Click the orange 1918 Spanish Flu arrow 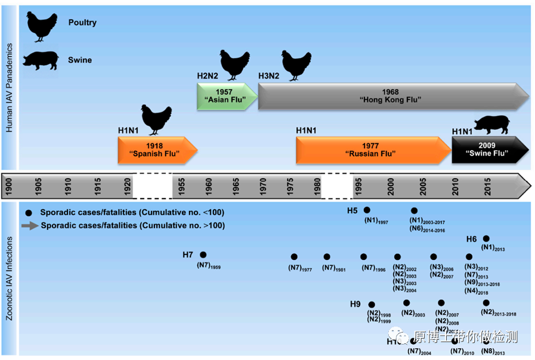(x=157, y=150)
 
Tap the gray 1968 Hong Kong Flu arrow (x=391, y=97)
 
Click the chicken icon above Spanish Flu (x=156, y=120)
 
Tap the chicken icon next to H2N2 (x=234, y=64)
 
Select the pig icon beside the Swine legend (x=41, y=60)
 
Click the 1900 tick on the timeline (x=9, y=186)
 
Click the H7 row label (x=188, y=255)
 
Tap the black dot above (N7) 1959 (x=203, y=255)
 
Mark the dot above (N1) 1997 (x=367, y=210)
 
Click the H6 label (x=471, y=239)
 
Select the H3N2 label (x=269, y=76)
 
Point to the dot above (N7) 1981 (x=327, y=257)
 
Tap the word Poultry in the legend (x=82, y=23)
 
